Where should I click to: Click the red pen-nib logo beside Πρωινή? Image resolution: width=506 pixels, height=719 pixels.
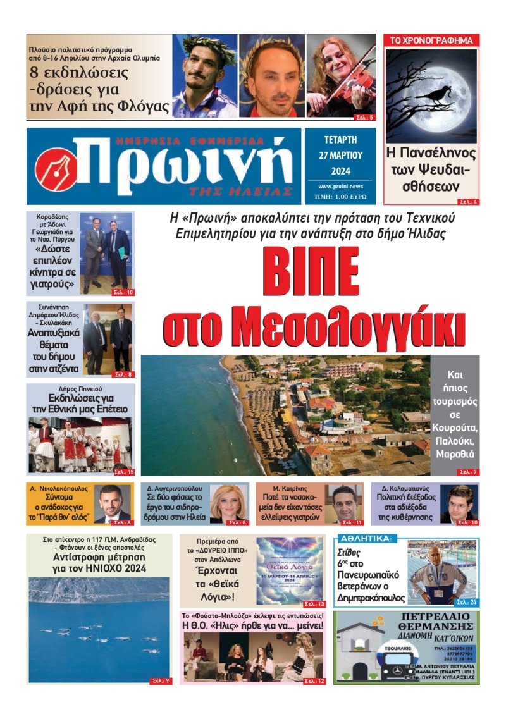[56, 168]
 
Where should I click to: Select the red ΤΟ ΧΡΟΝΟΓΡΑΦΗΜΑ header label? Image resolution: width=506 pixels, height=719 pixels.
[432, 40]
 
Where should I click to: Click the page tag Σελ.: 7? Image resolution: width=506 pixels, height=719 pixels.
[468, 472]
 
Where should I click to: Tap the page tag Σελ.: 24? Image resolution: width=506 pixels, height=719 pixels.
[466, 601]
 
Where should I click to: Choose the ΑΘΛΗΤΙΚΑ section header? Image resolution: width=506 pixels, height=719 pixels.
[367, 539]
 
